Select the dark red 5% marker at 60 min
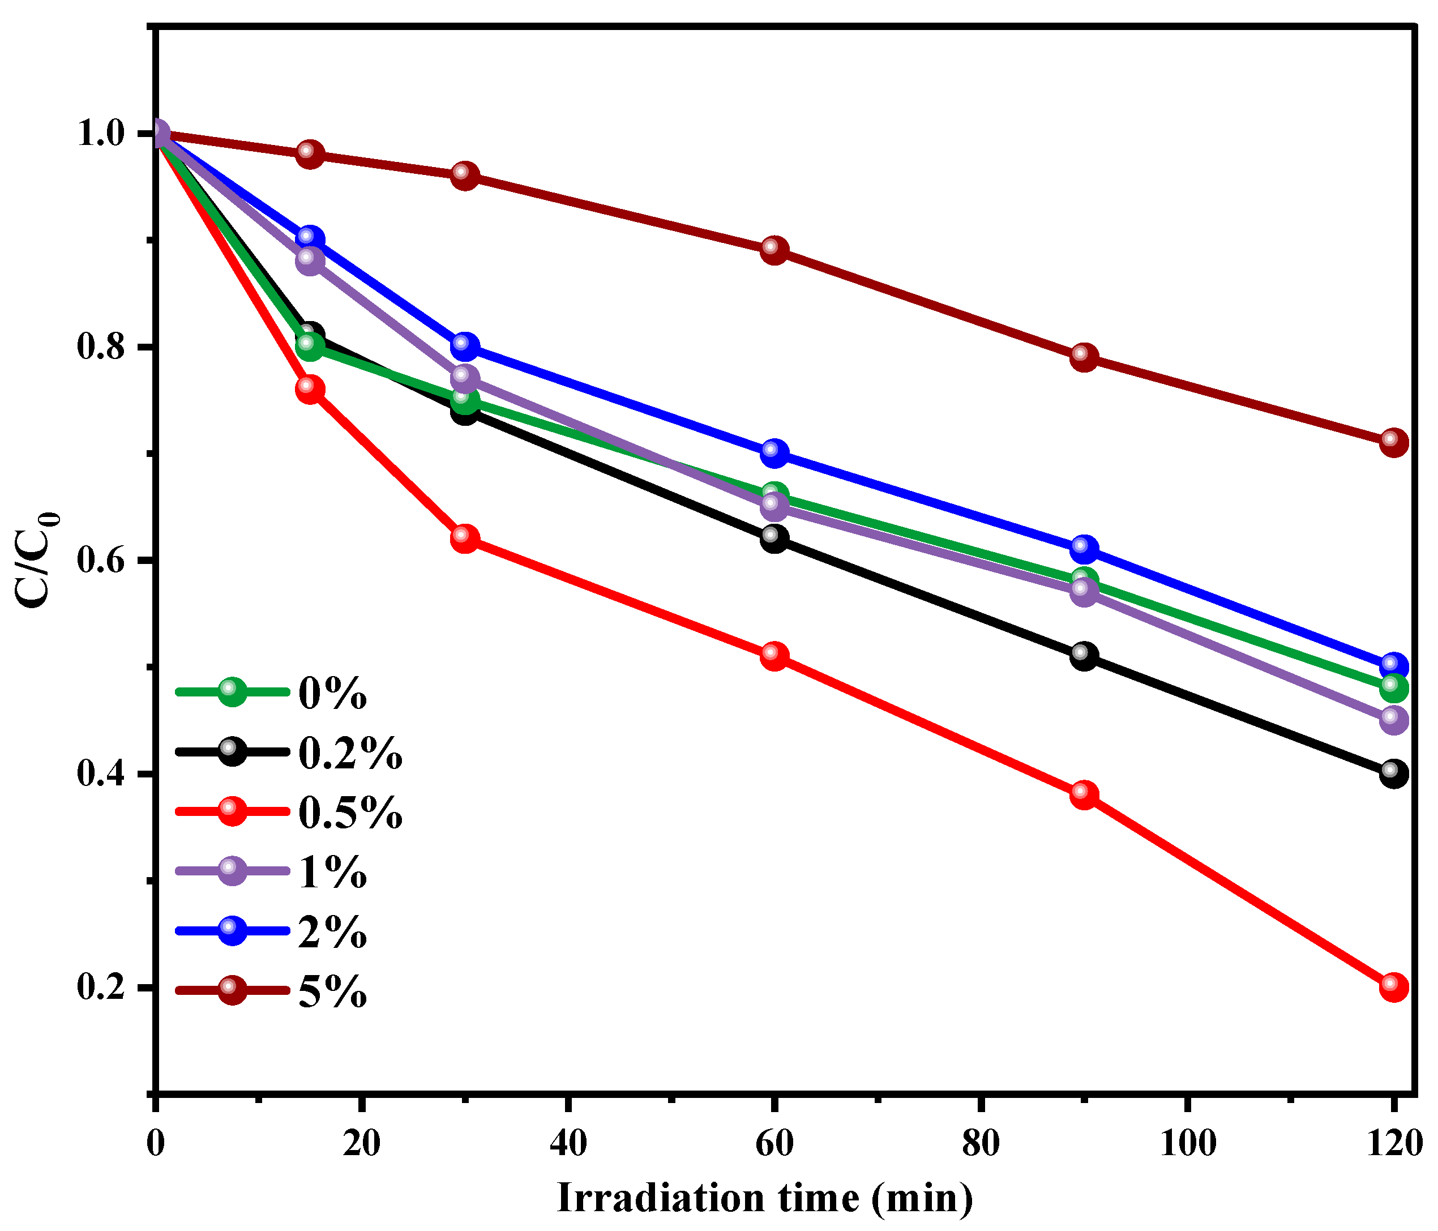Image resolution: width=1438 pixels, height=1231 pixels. click(x=774, y=249)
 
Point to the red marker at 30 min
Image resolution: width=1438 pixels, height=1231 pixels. click(x=464, y=538)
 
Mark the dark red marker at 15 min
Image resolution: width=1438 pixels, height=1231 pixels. click(x=310, y=153)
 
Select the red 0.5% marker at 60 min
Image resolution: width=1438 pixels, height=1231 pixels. click(x=774, y=656)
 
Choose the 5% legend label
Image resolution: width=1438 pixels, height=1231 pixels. click(x=332, y=991)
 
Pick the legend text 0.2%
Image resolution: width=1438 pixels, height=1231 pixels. click(x=350, y=753)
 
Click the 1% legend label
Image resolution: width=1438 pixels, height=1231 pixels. click(x=332, y=871)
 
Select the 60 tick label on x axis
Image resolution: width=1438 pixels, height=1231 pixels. click(x=774, y=1144)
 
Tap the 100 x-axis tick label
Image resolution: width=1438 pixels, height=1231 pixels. click(x=1187, y=1144)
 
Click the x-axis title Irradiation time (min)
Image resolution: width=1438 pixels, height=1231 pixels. click(x=764, y=1198)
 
